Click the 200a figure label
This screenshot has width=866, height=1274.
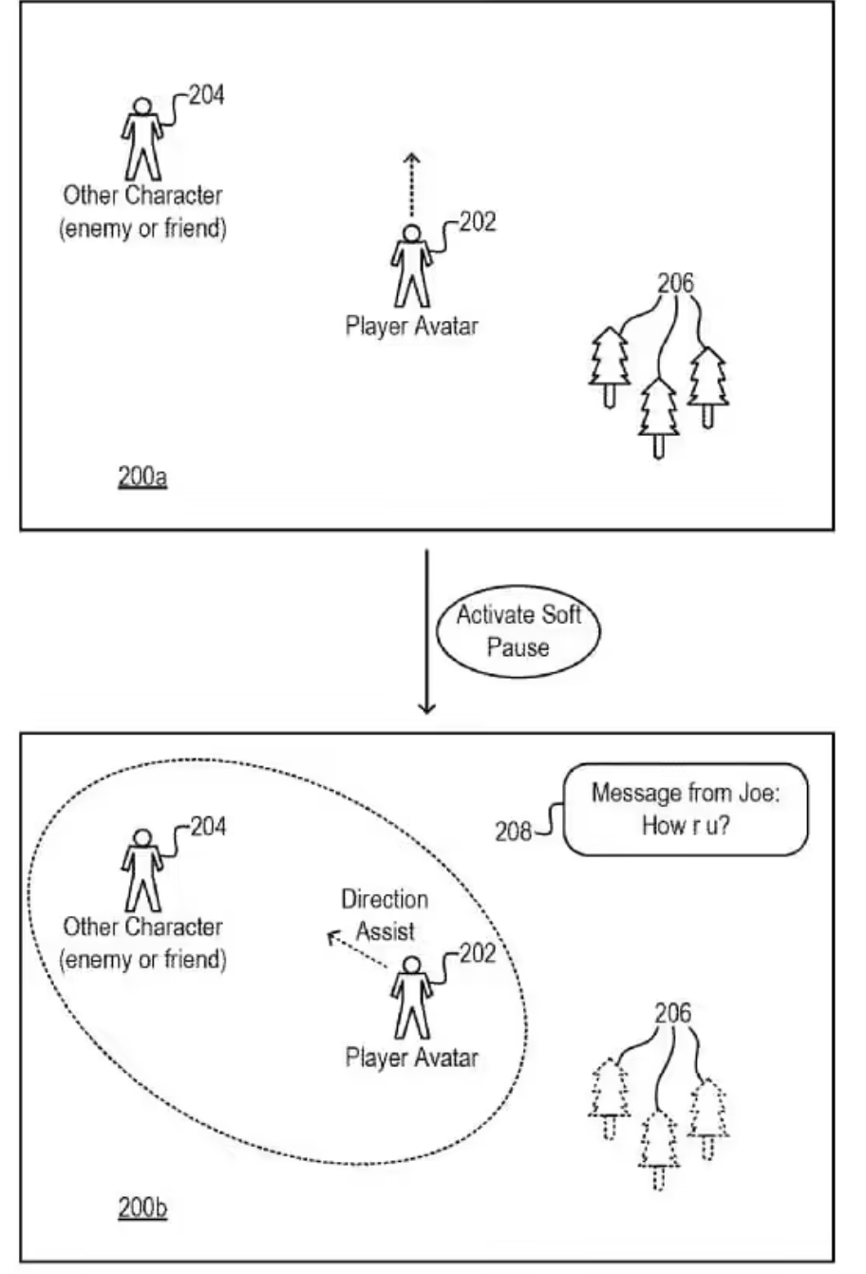[x=142, y=477]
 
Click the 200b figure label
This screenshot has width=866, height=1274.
[x=142, y=1208]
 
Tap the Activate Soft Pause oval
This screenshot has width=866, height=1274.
[x=518, y=630]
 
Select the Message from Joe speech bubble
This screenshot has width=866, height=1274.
[x=685, y=809]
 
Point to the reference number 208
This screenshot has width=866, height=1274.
[x=513, y=833]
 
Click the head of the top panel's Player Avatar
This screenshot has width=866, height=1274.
[x=410, y=233]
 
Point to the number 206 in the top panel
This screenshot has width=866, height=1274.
[x=674, y=283]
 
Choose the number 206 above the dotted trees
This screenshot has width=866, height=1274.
[x=673, y=1014]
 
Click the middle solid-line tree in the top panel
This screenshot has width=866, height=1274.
[x=658, y=416]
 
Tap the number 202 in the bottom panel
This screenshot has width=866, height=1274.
[x=477, y=953]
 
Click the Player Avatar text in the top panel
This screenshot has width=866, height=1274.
[x=411, y=327]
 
